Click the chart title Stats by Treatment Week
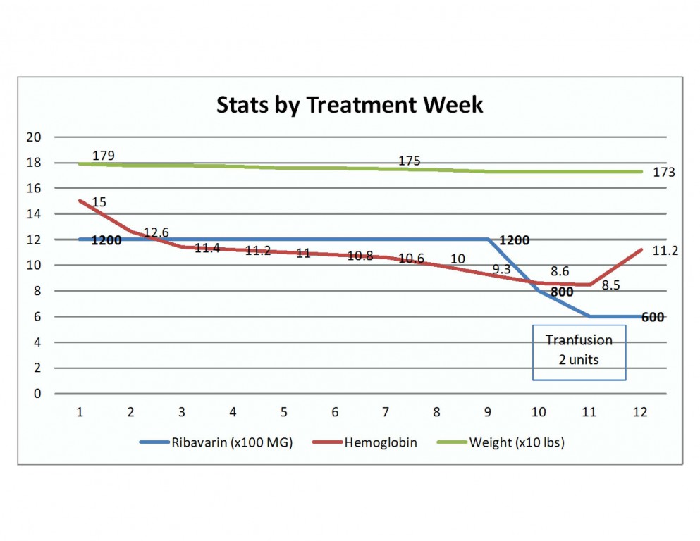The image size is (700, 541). pos(350,105)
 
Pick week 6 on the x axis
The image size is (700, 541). pos(336,411)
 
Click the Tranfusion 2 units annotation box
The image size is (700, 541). pos(579,352)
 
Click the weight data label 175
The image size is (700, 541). pos(409,161)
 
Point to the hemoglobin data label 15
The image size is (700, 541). pos(99,203)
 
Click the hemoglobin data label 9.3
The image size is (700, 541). pos(502,268)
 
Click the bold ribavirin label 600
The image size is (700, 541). pos(653,317)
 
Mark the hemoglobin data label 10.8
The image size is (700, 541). pos(360,256)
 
